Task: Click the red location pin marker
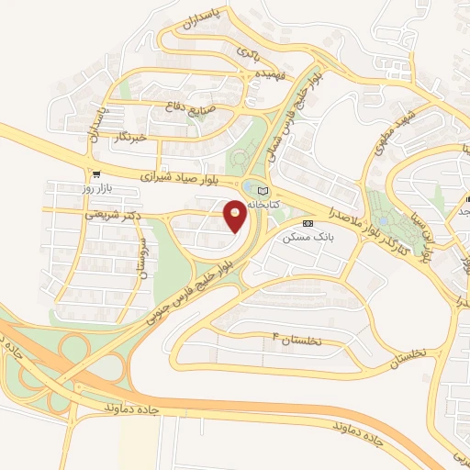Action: tap(235, 215)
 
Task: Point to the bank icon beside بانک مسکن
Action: tap(308, 223)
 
